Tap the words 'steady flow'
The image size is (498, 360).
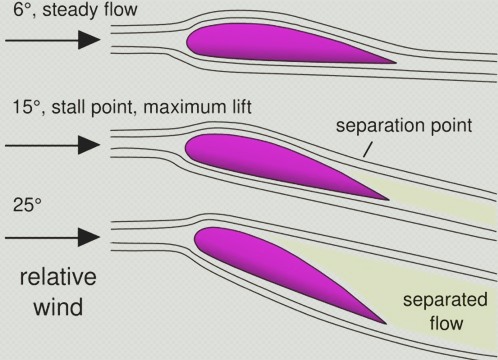pyautogui.click(x=90, y=9)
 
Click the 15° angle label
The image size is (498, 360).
pyautogui.click(x=27, y=107)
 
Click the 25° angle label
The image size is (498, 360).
pyautogui.click(x=27, y=205)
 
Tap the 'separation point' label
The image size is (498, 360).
pyautogui.click(x=404, y=126)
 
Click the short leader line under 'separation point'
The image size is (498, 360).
pyautogui.click(x=367, y=149)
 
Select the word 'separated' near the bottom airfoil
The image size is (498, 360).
pyautogui.click(x=445, y=300)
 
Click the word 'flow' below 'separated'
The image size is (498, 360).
pyautogui.click(x=446, y=323)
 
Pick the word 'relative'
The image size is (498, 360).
pyautogui.click(x=58, y=277)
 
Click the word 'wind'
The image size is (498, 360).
pyautogui.click(x=58, y=307)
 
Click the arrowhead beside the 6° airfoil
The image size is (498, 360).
pyautogui.click(x=89, y=40)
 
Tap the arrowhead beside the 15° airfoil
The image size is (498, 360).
pyautogui.click(x=89, y=145)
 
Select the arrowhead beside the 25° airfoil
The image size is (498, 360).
pyautogui.click(x=89, y=237)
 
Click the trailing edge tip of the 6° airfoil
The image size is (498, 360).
pyautogui.click(x=396, y=62)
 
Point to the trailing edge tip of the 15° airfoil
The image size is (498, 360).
pyautogui.click(x=388, y=200)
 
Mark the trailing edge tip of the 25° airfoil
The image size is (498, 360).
pyautogui.click(x=386, y=323)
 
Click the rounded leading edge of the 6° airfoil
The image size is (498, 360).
pyautogui.click(x=187, y=42)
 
